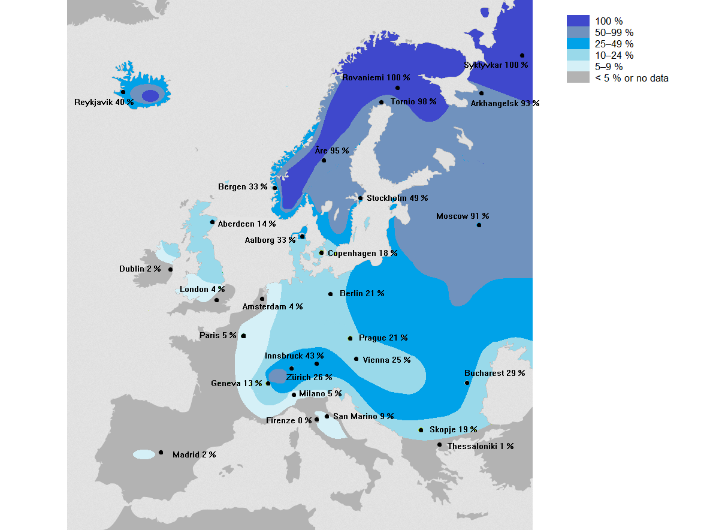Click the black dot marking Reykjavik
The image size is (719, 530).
[x=123, y=92]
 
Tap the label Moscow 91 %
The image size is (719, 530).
[x=462, y=216]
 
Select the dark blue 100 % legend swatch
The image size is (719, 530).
[x=578, y=21]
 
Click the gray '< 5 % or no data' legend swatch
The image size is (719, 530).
[x=578, y=78]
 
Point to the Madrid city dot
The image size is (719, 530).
[x=161, y=452]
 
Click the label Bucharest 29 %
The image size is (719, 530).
[x=494, y=373]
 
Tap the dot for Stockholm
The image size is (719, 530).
[x=360, y=198]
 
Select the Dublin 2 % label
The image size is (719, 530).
[x=140, y=269]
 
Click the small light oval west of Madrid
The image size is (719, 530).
[x=144, y=454]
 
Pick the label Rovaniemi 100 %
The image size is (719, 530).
[x=376, y=77]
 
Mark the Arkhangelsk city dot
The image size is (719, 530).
[x=481, y=93]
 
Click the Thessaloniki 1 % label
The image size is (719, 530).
[x=480, y=446]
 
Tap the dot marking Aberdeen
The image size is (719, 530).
[x=212, y=222]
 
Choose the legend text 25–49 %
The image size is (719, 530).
[x=614, y=44]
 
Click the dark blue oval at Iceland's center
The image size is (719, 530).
[x=150, y=95]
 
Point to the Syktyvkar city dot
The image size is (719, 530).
[x=522, y=55]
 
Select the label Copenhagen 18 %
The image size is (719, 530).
[x=362, y=253]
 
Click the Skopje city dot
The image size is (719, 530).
[x=421, y=430]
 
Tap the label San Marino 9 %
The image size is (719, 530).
[x=363, y=416]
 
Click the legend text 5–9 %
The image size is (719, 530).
[x=609, y=67]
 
